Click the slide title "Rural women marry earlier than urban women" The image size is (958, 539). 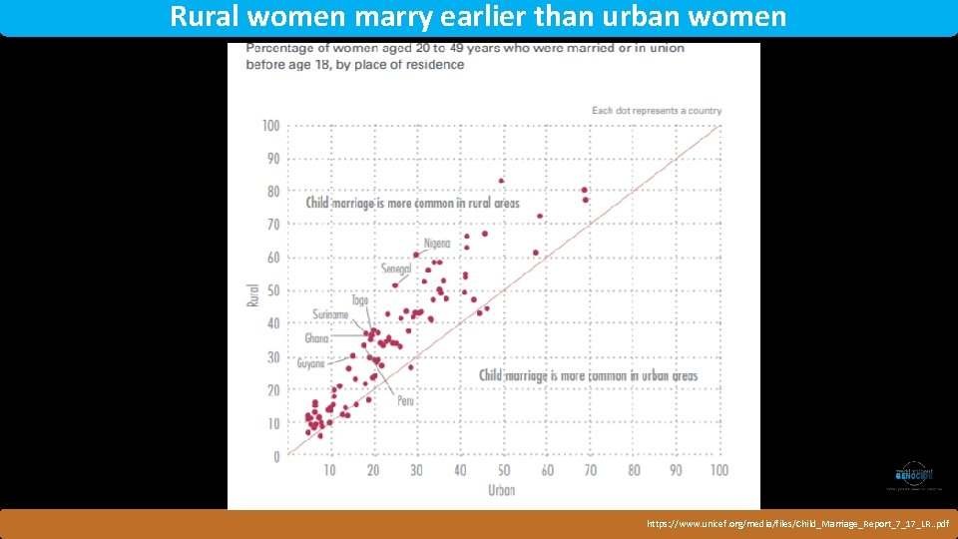coord(478,17)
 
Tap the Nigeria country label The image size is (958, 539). coord(436,244)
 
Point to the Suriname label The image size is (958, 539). coord(330,314)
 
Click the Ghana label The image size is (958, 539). coord(316,338)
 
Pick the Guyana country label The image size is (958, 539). coord(311,363)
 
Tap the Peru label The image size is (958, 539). coord(405,400)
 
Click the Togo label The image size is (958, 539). coord(359,300)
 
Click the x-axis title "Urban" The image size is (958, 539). coord(501,489)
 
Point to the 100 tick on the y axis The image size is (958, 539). coord(269,126)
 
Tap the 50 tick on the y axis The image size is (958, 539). coord(271,290)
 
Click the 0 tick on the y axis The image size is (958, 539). coord(274,456)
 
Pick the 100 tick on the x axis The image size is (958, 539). coord(718,470)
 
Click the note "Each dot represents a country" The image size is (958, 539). coord(656,110)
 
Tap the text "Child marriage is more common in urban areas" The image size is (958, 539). coord(588,375)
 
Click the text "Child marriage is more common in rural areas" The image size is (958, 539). coord(412,203)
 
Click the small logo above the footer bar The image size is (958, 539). coord(912,477)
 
